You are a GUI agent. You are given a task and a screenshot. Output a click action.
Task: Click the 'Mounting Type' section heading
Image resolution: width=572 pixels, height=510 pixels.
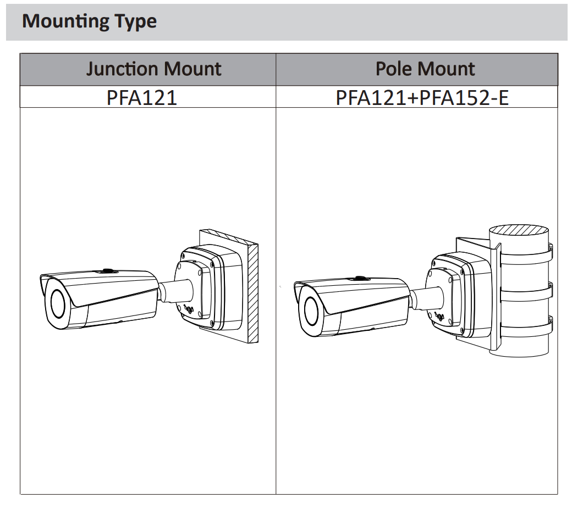[89, 21]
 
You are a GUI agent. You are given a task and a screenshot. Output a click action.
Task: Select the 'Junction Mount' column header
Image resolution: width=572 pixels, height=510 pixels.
[153, 69]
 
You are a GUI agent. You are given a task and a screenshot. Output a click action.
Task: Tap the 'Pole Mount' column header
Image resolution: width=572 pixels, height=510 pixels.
[425, 69]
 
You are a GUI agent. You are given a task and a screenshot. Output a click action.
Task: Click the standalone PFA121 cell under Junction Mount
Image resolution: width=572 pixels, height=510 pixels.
[142, 98]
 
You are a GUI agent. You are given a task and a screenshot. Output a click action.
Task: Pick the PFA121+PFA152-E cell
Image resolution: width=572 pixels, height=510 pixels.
[422, 98]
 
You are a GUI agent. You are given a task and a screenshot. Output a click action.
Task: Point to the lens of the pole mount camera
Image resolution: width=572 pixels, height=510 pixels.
[309, 312]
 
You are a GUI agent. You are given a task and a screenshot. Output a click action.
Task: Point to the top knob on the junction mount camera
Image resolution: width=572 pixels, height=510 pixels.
[107, 270]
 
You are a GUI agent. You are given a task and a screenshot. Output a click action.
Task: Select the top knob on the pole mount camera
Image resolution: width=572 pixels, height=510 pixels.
[360, 279]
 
